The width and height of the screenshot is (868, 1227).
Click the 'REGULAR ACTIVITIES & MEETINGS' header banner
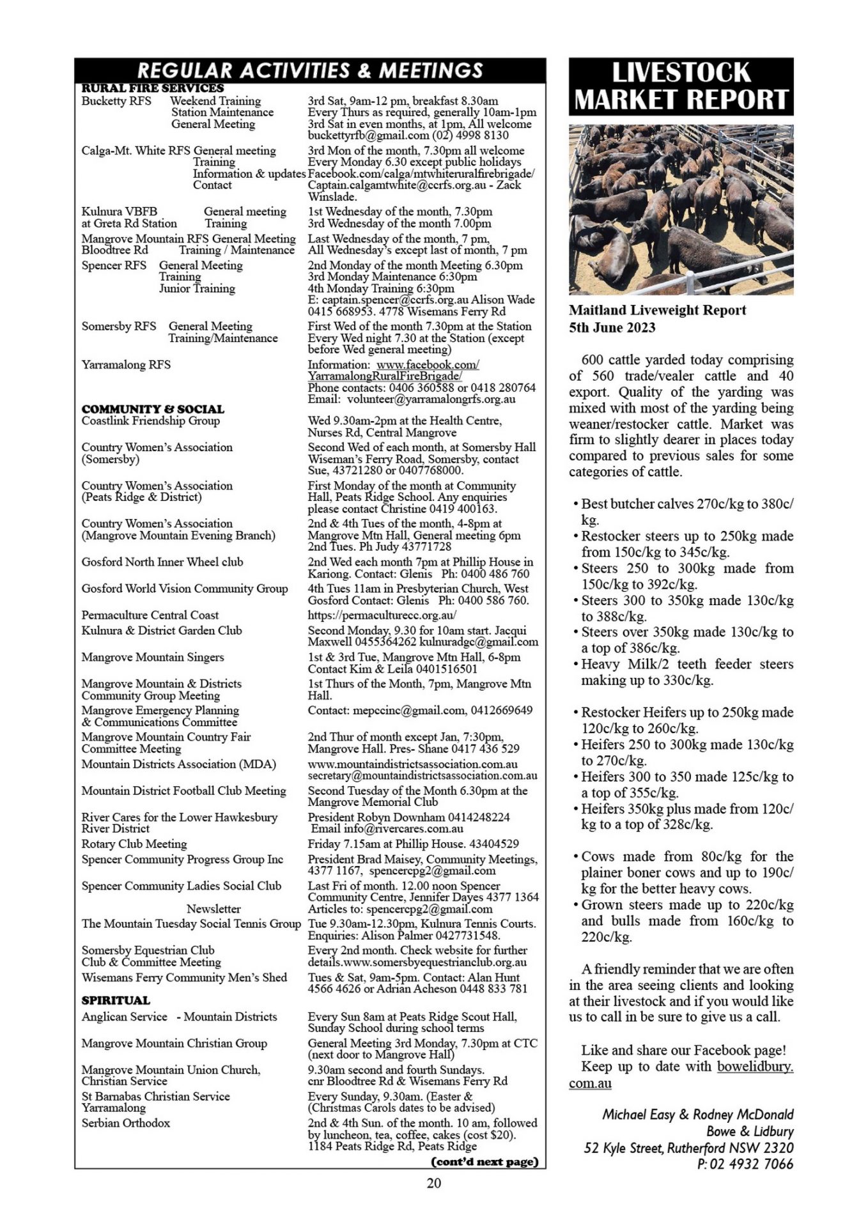pyautogui.click(x=310, y=70)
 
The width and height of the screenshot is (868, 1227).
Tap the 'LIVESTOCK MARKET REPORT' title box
pyautogui.click(x=681, y=86)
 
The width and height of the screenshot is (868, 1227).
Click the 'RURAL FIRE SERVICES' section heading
pyautogui.click(x=153, y=88)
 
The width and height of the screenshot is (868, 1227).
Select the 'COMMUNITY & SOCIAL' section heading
pyautogui.click(x=153, y=409)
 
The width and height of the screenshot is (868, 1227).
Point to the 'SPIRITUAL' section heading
pyautogui.click(x=116, y=1000)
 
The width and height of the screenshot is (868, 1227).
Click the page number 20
pyautogui.click(x=433, y=1183)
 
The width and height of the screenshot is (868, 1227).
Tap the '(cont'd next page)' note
pyautogui.click(x=485, y=1161)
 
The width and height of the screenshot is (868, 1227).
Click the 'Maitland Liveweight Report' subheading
pyautogui.click(x=657, y=311)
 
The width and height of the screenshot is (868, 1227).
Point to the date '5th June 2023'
pyautogui.click(x=612, y=327)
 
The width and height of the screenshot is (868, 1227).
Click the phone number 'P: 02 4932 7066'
pyautogui.click(x=745, y=1164)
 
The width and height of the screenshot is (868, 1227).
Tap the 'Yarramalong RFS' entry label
pyautogui.click(x=126, y=365)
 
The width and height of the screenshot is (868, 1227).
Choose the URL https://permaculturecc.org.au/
pyautogui.click(x=382, y=615)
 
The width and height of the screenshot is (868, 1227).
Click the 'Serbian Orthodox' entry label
pyautogui.click(x=125, y=1123)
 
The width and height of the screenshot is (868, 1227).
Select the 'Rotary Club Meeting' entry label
pyautogui.click(x=134, y=844)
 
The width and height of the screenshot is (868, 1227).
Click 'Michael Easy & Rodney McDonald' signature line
pyautogui.click(x=697, y=1115)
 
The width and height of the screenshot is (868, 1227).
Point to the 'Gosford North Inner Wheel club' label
pyautogui.click(x=162, y=562)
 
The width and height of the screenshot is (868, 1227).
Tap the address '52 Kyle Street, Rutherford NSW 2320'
pyautogui.click(x=688, y=1148)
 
